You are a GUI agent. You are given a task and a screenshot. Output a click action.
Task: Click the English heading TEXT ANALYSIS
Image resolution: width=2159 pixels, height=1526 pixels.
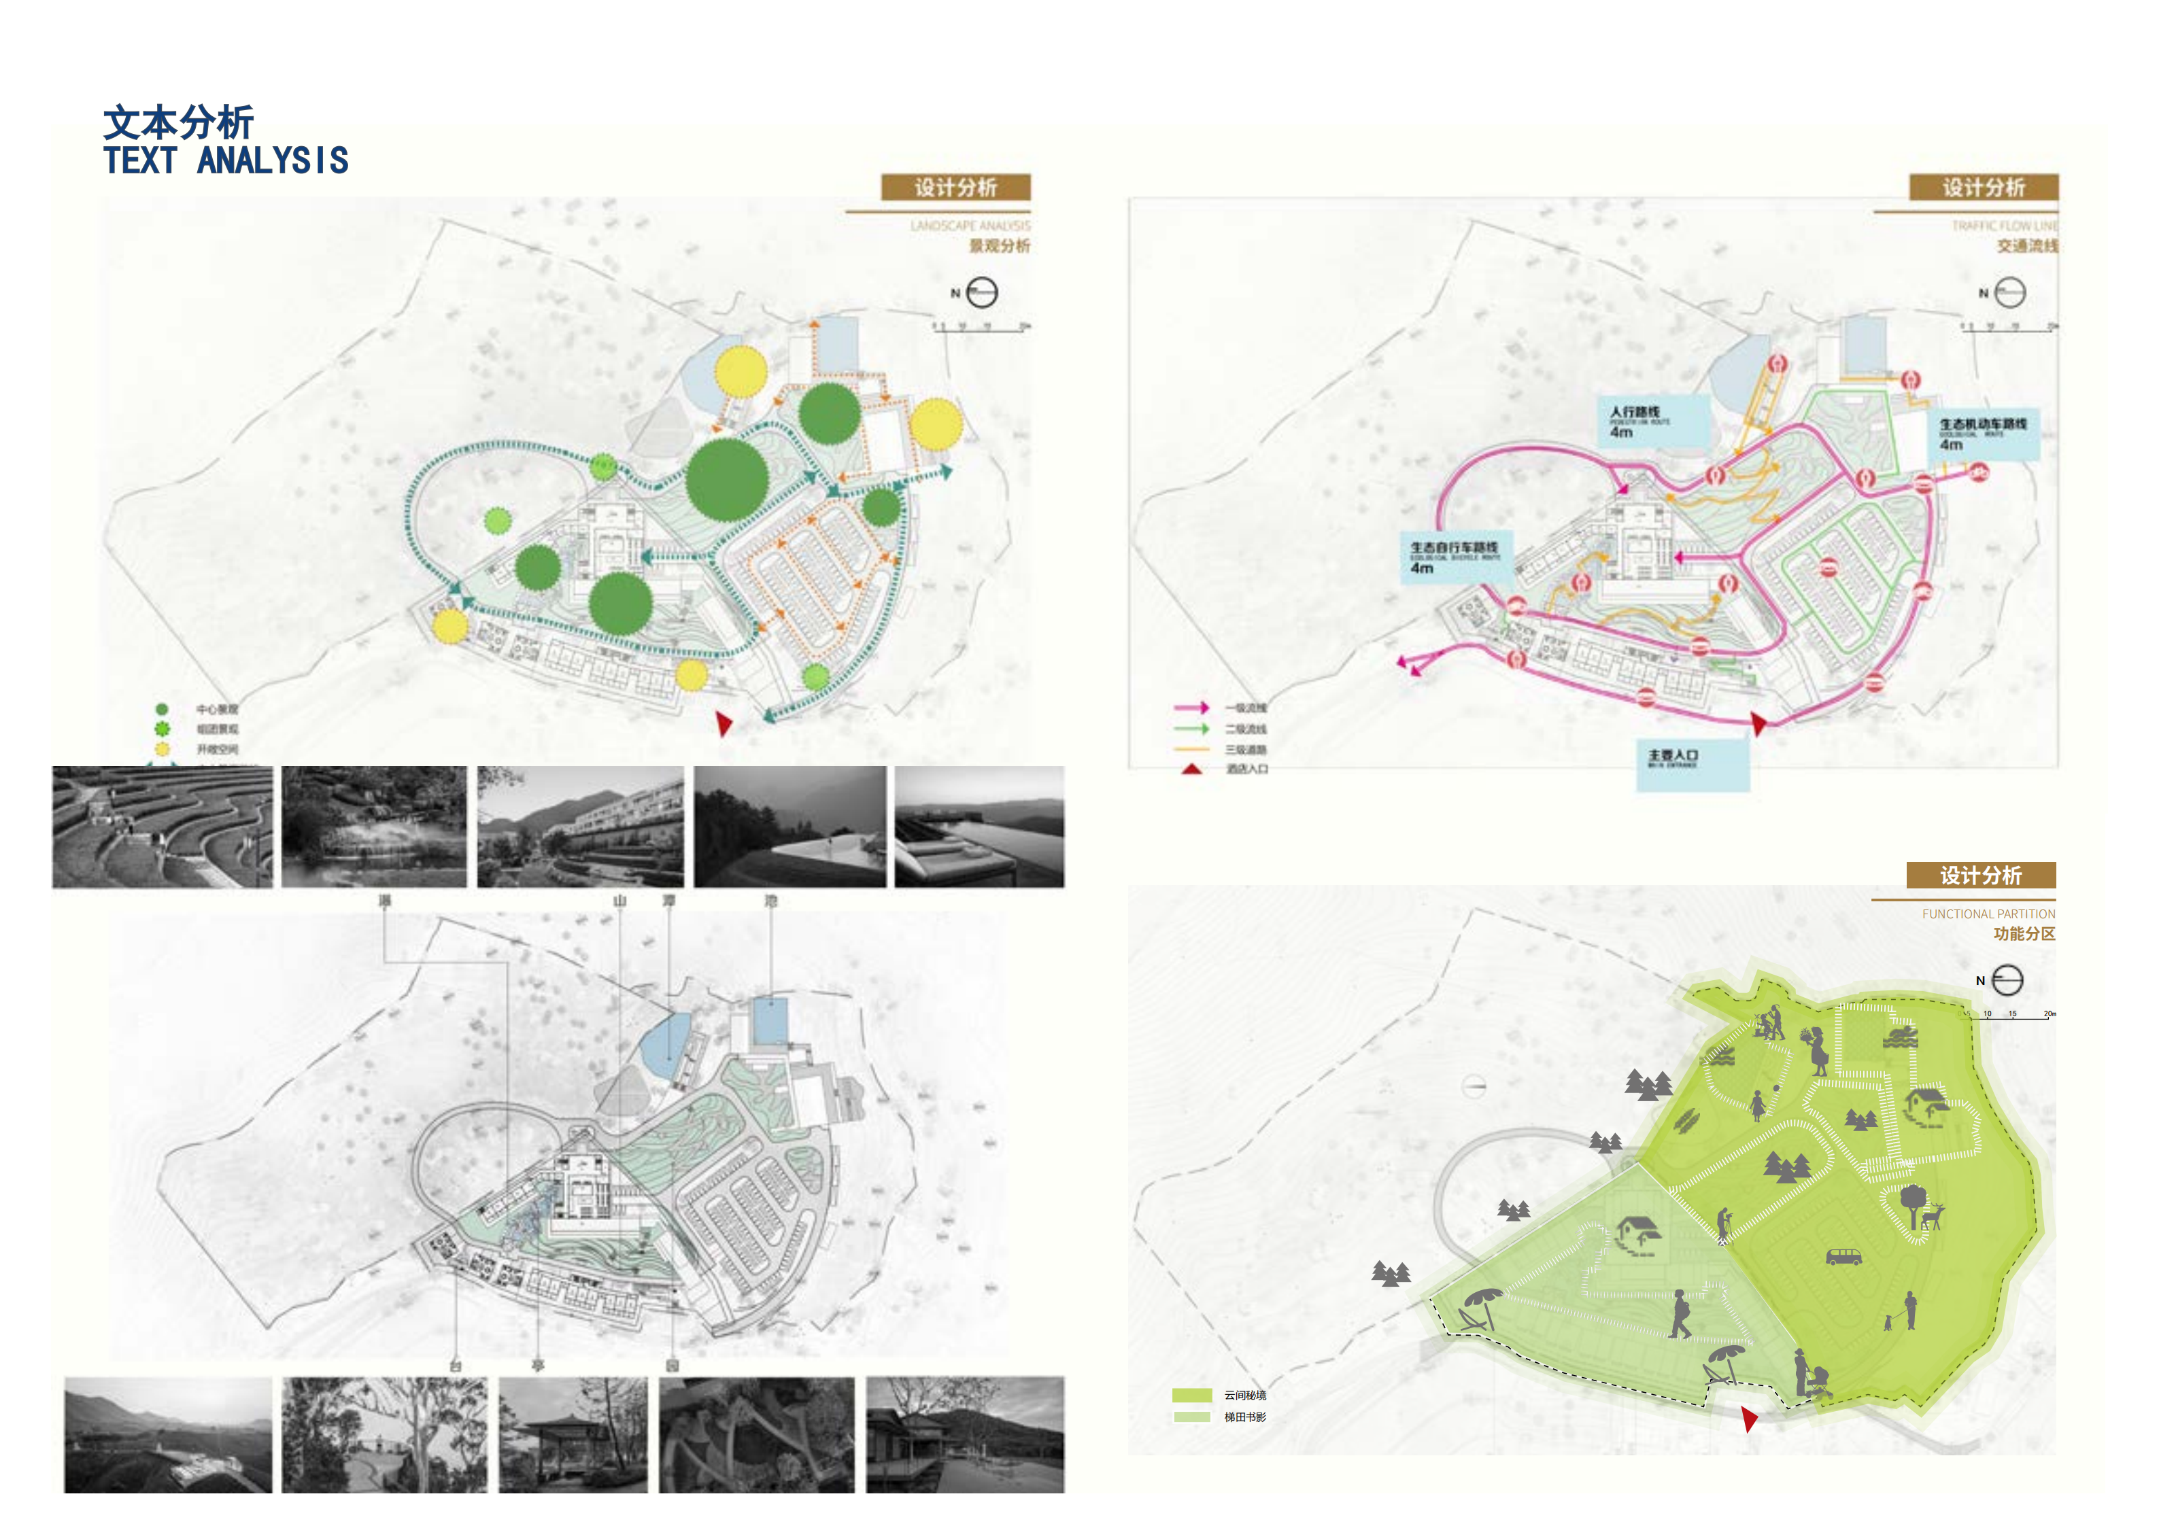tap(226, 161)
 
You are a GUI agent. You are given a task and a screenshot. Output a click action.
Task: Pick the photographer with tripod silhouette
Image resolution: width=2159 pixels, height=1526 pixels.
tap(1722, 1225)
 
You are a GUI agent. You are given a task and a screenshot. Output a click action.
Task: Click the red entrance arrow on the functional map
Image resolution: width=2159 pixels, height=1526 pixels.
tap(1748, 1418)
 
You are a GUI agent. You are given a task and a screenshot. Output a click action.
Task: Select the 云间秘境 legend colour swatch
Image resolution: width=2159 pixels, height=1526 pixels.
tap(1191, 1395)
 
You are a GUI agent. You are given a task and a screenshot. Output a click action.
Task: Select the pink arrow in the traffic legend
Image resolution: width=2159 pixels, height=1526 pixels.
tap(1191, 707)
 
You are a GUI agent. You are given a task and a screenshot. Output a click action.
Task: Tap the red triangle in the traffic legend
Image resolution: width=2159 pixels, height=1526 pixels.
tap(1191, 769)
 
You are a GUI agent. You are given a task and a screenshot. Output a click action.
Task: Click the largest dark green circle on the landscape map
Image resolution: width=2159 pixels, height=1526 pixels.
tap(727, 479)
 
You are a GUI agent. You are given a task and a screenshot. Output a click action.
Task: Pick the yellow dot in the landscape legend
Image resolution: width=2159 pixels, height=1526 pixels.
tap(162, 749)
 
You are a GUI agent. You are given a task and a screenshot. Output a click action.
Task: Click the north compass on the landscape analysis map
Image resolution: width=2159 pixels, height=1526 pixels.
tap(981, 292)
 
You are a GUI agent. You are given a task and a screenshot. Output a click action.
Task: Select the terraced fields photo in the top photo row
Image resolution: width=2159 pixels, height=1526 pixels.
tap(162, 827)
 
